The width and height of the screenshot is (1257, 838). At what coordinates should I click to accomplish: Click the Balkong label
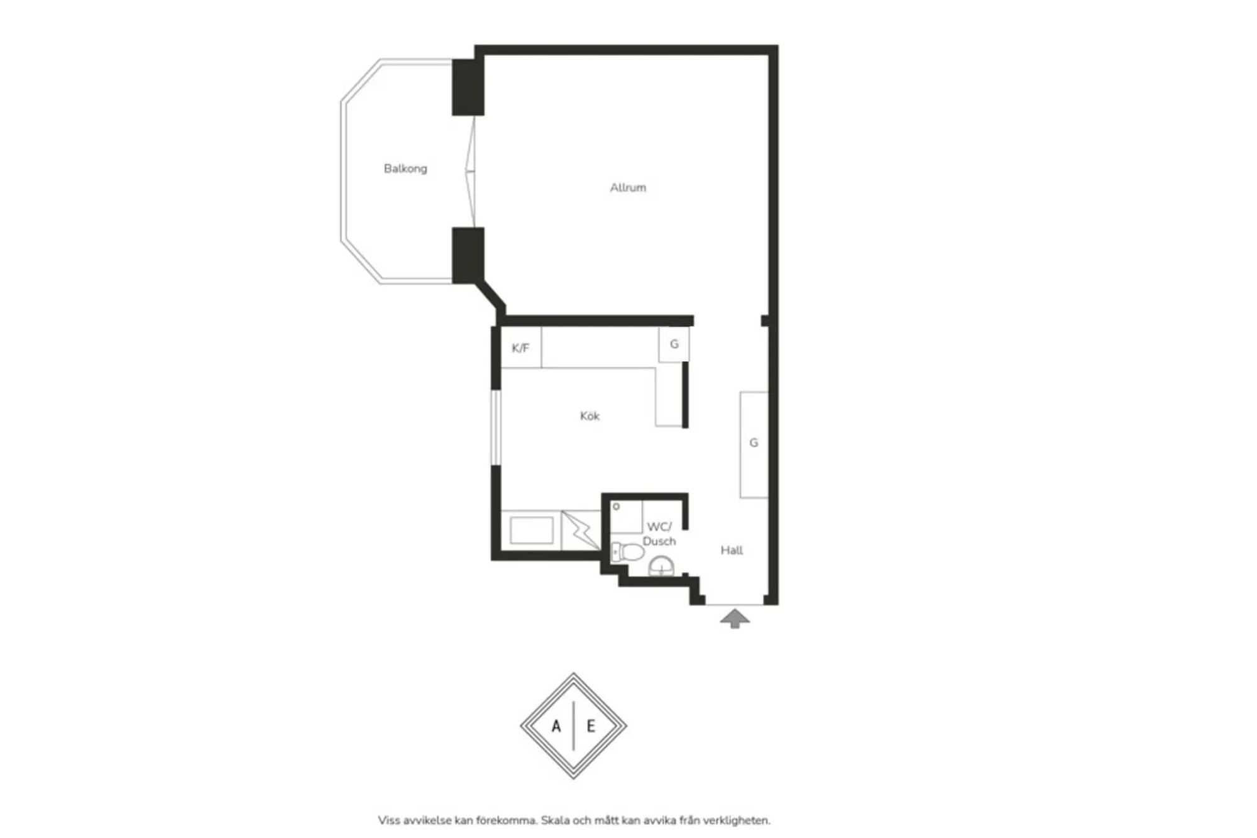pos(405,168)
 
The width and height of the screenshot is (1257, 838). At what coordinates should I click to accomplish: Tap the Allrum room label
pos(628,187)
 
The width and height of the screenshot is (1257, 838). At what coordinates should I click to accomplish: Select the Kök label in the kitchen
pos(590,416)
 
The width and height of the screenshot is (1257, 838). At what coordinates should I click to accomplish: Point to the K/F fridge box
pos(521,348)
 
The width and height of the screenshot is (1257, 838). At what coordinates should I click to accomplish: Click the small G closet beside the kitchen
pos(674,345)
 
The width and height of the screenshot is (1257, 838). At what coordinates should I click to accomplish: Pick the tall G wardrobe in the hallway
pos(754,444)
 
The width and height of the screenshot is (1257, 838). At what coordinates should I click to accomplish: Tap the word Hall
pos(732,551)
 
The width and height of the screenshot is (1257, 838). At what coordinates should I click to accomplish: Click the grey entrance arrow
pos(735,618)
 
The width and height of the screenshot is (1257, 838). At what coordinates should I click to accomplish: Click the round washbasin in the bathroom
pos(661,566)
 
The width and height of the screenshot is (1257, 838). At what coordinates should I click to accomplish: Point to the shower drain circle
pos(617,506)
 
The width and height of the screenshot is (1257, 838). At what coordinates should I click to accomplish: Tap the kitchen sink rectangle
pos(532,530)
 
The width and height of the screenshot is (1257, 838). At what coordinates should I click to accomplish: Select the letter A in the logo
pos(556,727)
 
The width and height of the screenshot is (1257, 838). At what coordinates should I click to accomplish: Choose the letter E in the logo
pos(591,727)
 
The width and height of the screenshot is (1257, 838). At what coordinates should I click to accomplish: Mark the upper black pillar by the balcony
pos(468,87)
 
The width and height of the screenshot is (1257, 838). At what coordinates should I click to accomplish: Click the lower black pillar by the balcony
pos(468,255)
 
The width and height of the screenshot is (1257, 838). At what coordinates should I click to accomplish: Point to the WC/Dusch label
pos(659,534)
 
